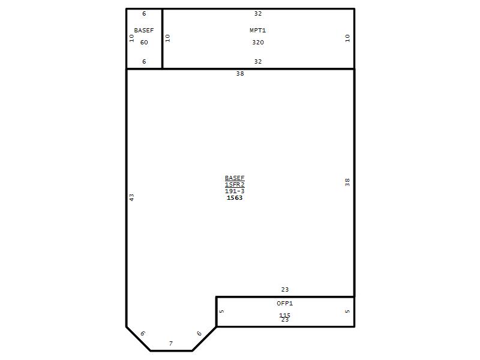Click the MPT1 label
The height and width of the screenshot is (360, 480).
(257, 31)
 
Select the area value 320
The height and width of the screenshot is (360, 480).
(258, 42)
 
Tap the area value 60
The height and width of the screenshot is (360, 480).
(144, 42)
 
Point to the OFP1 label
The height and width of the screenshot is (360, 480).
(284, 304)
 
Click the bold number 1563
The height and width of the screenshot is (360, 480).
(235, 198)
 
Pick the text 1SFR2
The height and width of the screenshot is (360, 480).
(235, 185)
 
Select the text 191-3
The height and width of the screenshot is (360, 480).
(235, 191)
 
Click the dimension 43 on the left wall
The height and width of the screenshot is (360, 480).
(131, 197)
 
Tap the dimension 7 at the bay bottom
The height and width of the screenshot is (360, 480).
(171, 343)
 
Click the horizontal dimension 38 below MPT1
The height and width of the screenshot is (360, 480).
(240, 73)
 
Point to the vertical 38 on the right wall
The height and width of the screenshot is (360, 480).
(347, 182)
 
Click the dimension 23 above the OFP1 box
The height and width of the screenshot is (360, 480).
(284, 289)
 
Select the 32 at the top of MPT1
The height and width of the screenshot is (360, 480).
(258, 13)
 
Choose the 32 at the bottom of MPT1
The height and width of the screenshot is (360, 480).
(258, 62)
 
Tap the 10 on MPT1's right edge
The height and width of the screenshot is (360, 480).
(347, 38)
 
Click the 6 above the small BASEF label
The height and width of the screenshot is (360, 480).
(144, 13)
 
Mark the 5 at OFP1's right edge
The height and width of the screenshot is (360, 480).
(347, 311)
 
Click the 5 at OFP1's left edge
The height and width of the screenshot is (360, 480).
(221, 311)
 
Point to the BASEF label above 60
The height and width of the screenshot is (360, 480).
(144, 31)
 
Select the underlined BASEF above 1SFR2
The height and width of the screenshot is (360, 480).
(235, 178)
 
